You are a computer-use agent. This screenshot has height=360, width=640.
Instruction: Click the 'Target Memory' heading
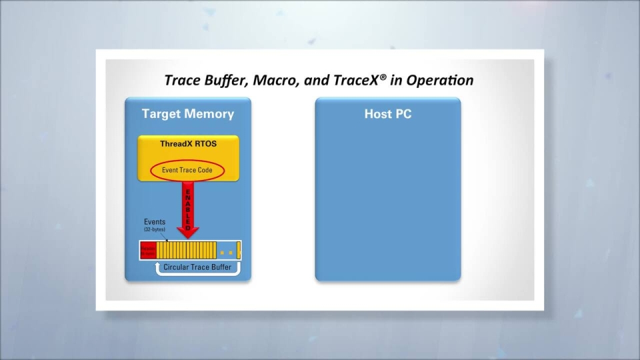[x=188, y=114]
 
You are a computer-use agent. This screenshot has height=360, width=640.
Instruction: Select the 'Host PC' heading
[x=387, y=114]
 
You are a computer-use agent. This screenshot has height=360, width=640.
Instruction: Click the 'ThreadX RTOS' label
[x=188, y=143]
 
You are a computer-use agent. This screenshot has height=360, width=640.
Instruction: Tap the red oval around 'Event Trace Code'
[x=187, y=170]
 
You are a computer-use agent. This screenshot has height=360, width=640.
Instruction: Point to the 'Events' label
[x=155, y=222]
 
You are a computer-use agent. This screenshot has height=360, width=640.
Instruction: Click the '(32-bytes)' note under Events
[x=155, y=230]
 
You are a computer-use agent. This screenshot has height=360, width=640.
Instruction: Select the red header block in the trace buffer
[x=147, y=251]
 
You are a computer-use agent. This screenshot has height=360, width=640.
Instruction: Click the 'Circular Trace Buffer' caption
[x=197, y=267]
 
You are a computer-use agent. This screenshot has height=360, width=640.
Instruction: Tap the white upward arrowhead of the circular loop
[x=159, y=265]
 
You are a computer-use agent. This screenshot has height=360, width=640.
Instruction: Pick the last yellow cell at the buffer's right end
[x=239, y=251]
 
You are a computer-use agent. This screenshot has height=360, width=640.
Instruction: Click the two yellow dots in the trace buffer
[x=227, y=253]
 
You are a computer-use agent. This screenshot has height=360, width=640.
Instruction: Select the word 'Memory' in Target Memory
[x=209, y=114]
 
